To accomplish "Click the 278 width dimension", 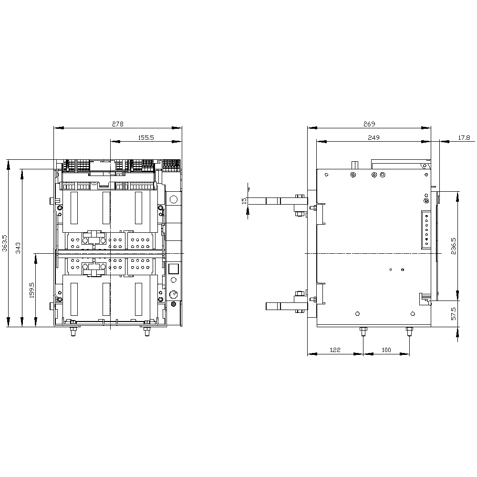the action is [x=118, y=124].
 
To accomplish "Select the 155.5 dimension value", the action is [x=146, y=137].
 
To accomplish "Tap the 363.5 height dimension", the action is [x=5, y=243].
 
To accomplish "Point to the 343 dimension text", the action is [x=18, y=248].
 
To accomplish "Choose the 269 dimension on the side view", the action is [x=369, y=124].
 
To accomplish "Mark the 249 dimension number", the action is [x=373, y=137].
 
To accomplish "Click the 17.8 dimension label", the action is [x=464, y=137].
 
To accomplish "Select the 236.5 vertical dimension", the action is [x=454, y=246].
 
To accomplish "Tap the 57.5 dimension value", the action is [x=454, y=313].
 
